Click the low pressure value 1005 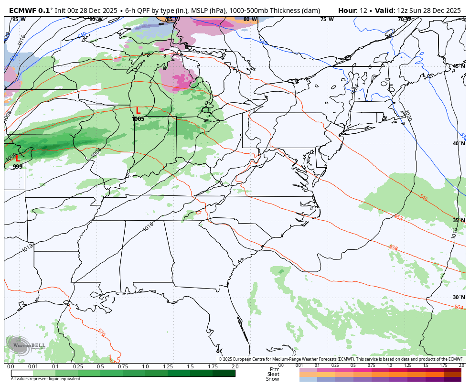coord(138,119)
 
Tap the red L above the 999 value coord(18,158)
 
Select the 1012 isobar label coord(27,247)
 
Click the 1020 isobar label coord(407,116)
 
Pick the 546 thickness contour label coord(423,197)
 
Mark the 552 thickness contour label coord(398,217)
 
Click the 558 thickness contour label coord(393,247)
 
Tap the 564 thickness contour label coord(459,307)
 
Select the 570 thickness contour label coord(101,332)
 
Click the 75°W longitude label coord(327,20)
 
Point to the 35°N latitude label coord(459,220)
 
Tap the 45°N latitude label coord(459,66)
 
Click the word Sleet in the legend coord(273,374)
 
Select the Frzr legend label coord(274,369)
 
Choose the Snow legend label coord(273,379)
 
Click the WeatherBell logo coord(26,345)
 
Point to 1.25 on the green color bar coord(168,366)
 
